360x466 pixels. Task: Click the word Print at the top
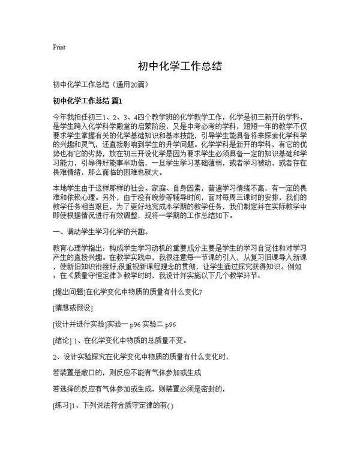point(59,46)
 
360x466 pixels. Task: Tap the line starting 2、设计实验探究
point(139,357)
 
